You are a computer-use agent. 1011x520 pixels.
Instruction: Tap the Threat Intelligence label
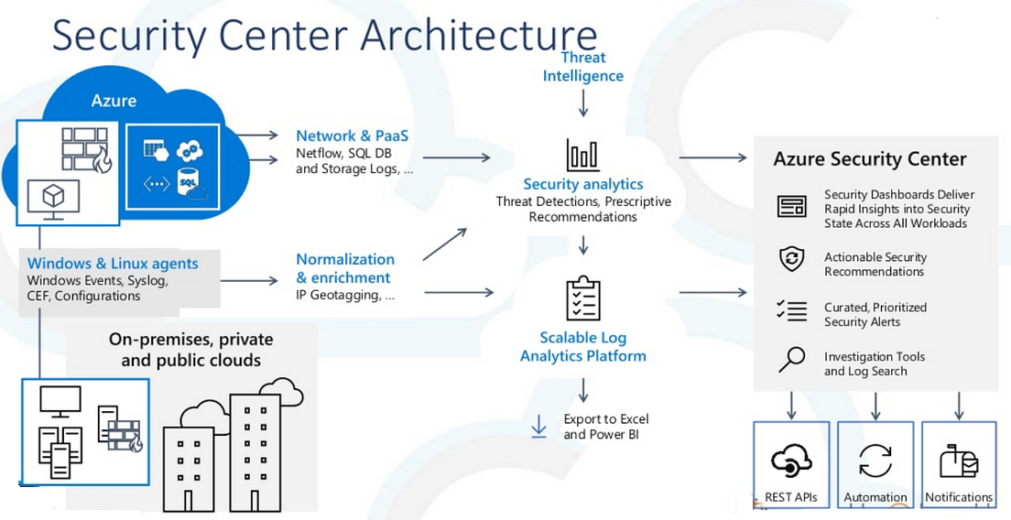pos(583,67)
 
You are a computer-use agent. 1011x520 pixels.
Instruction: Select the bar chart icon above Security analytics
pos(583,155)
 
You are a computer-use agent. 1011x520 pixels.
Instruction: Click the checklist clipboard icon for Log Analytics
pos(583,298)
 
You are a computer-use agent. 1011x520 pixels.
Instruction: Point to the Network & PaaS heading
pos(352,136)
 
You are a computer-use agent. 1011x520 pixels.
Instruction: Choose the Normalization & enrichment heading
pos(344,268)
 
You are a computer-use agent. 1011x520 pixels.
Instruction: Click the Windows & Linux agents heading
pos(113,264)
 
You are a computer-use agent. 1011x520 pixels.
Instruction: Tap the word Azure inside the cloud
pos(114,100)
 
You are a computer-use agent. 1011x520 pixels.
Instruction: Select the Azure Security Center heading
pos(869,159)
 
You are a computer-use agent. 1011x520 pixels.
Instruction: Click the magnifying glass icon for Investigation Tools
pos(791,360)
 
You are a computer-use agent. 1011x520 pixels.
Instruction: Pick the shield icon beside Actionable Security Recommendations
pos(791,259)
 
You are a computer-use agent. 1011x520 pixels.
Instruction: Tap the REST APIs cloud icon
pos(791,460)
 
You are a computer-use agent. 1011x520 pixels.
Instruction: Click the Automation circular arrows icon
pos(875,460)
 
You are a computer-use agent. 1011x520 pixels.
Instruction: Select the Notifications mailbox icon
pos(959,460)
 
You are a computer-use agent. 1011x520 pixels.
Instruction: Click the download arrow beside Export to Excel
pos(539,426)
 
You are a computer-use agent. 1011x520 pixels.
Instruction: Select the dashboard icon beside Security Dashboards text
pos(791,206)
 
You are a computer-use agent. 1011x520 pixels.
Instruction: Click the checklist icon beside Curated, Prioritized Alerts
pos(791,311)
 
